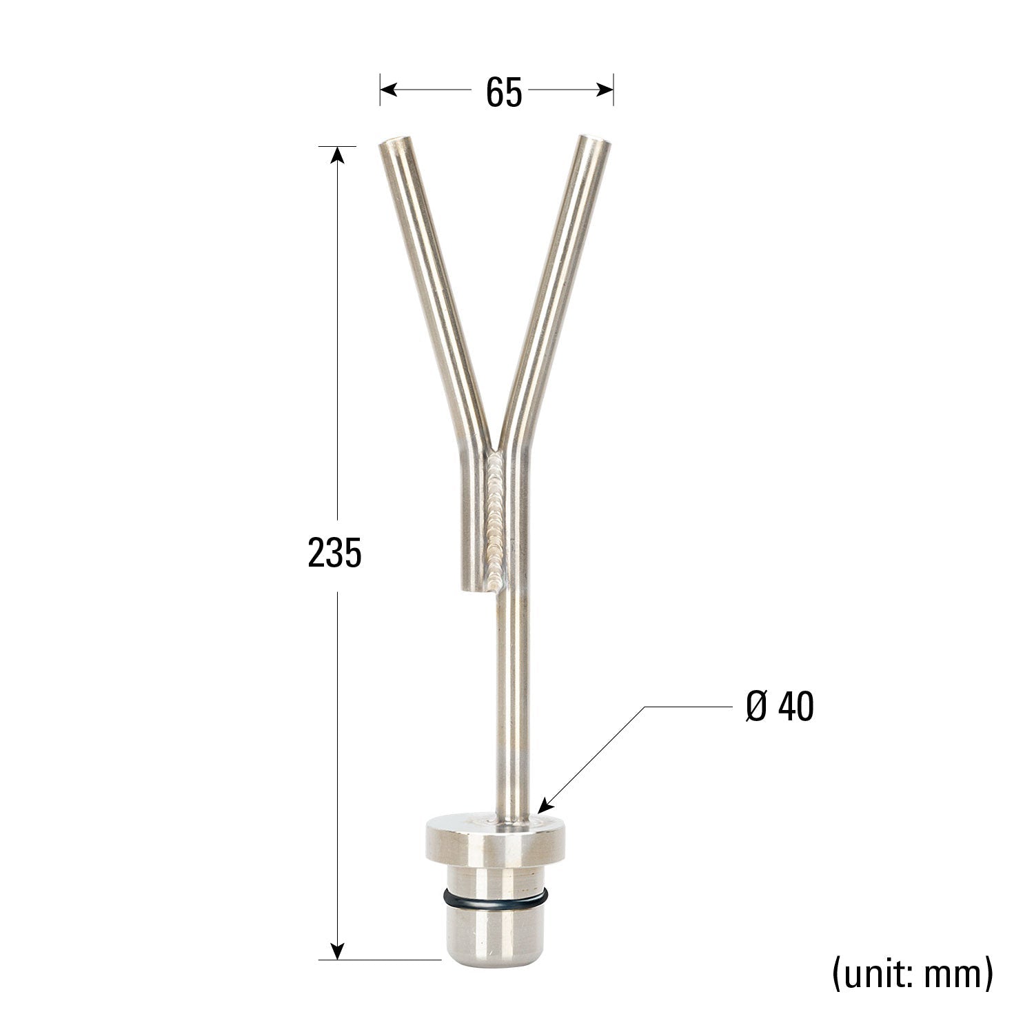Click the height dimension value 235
(x=334, y=553)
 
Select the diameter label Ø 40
(x=780, y=707)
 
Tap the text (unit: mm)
(x=912, y=973)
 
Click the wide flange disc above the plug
(x=495, y=838)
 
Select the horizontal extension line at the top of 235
(x=337, y=146)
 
